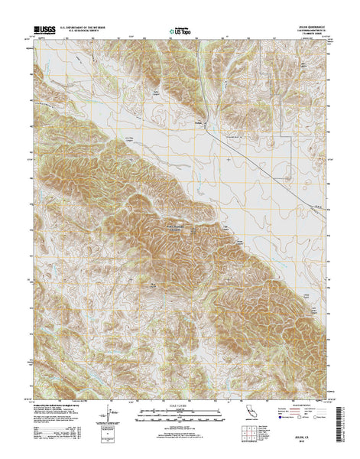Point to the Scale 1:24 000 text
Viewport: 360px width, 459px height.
pos(180,405)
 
